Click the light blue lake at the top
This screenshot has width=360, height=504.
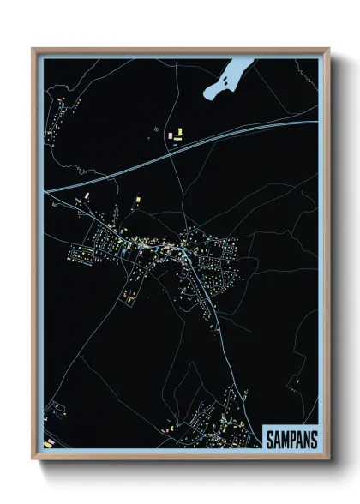225,82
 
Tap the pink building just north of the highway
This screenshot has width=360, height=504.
180,133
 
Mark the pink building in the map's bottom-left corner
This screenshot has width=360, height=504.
49,442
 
